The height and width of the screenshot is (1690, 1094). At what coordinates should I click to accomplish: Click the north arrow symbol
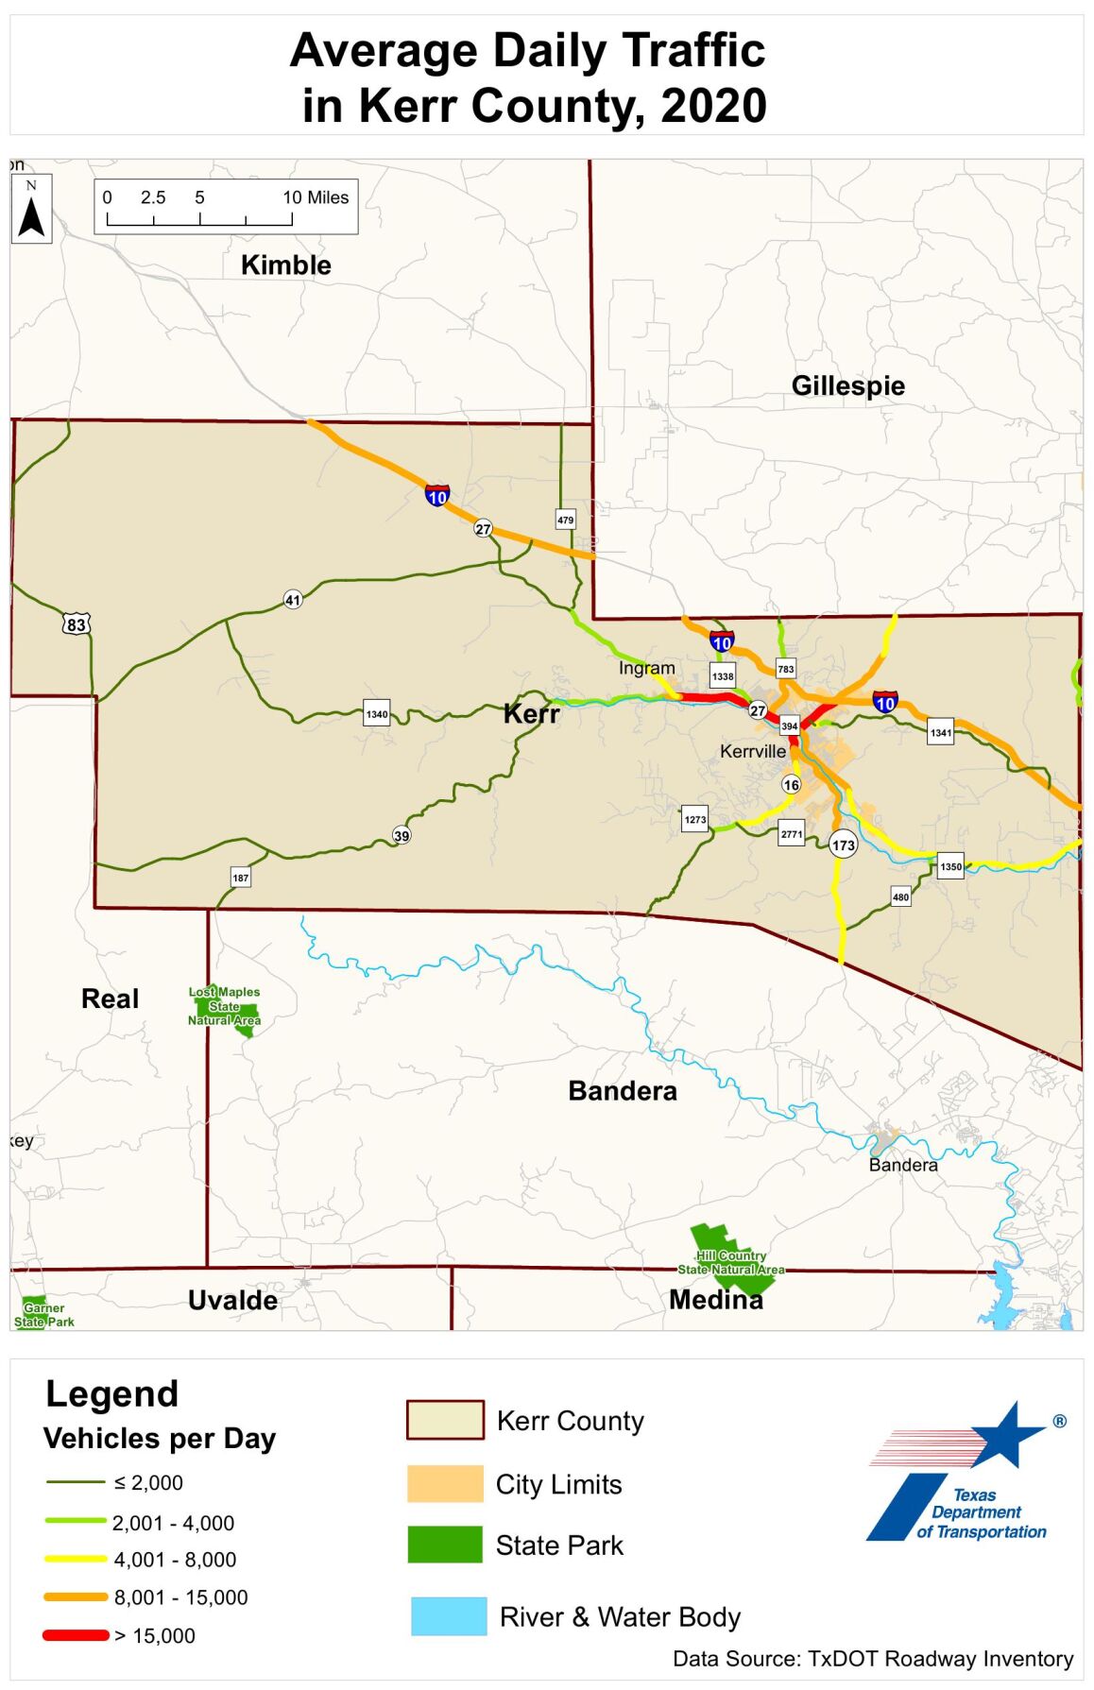click(31, 210)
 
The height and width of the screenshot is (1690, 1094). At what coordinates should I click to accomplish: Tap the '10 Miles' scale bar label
click(316, 197)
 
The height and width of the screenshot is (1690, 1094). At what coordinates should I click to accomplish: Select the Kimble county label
click(285, 265)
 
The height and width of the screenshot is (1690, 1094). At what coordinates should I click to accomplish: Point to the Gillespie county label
click(847, 385)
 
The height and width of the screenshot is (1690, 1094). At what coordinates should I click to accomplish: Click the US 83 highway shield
click(77, 624)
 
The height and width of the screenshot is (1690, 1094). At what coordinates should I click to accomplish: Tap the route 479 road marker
click(565, 520)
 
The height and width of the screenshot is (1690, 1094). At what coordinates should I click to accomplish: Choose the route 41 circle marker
click(293, 600)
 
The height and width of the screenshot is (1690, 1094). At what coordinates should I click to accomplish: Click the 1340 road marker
click(376, 714)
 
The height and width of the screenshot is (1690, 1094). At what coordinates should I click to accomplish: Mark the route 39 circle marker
click(402, 835)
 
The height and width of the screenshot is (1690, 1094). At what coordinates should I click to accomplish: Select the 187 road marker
click(241, 878)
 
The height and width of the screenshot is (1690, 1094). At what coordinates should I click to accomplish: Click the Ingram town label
click(646, 668)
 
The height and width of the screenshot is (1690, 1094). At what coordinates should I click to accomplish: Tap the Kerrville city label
click(752, 751)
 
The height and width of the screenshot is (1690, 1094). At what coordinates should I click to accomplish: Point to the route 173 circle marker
click(843, 845)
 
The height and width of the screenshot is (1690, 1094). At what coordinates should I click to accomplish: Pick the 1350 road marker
click(950, 866)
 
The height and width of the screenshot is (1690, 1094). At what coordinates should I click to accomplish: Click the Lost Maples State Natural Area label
click(224, 1006)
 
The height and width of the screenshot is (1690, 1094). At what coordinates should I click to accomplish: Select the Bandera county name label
click(622, 1091)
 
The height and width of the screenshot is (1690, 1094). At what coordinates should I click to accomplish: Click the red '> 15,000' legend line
click(76, 1635)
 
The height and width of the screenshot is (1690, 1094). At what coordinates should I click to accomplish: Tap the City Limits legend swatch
click(444, 1484)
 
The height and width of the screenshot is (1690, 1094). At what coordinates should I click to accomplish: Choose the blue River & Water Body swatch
click(449, 1616)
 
